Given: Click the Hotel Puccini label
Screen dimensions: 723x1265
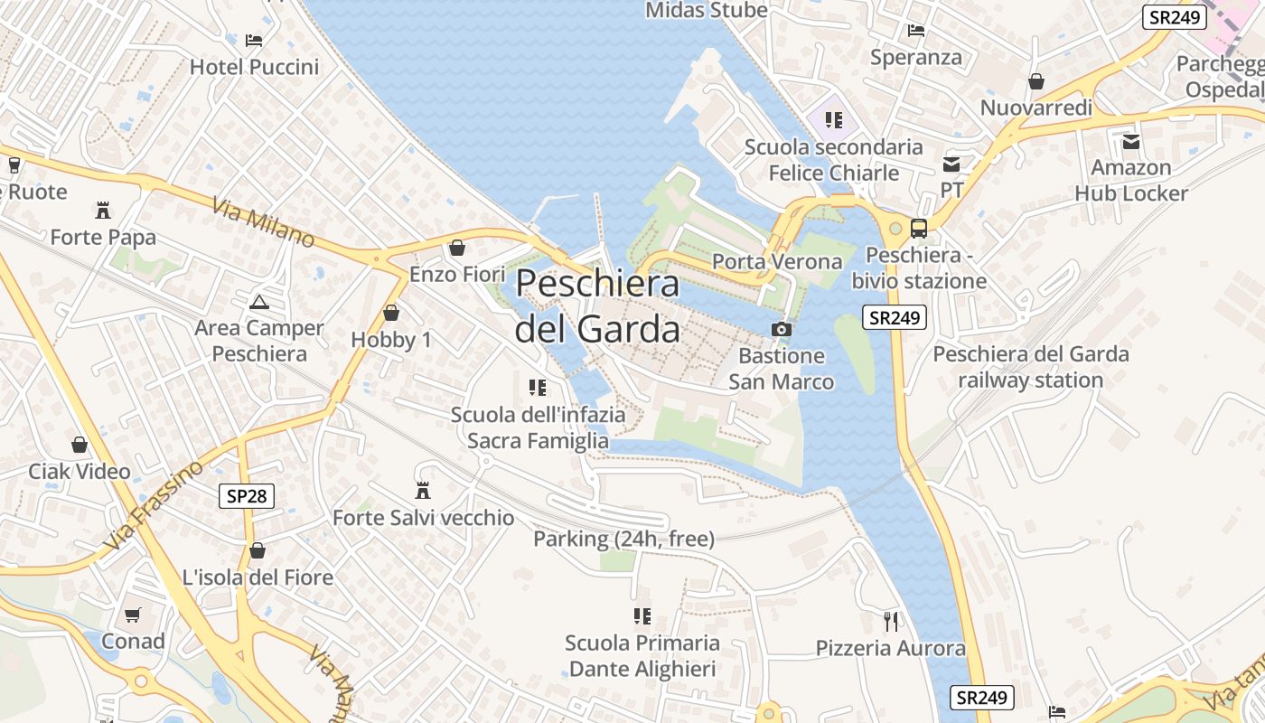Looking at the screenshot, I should (254, 67).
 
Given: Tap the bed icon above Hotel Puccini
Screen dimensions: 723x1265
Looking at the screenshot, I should (254, 41).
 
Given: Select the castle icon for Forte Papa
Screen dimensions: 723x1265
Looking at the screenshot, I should (103, 211).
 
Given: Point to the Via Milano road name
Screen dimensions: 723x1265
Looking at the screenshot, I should (264, 223).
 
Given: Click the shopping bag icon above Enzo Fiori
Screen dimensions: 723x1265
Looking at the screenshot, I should (457, 248).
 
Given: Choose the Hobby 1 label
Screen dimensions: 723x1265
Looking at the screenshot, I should (391, 340).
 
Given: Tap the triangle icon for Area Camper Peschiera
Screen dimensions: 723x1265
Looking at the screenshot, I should (259, 302).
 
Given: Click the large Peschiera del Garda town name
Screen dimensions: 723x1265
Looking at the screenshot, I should (597, 306).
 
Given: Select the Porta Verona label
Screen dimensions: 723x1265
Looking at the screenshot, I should (777, 262).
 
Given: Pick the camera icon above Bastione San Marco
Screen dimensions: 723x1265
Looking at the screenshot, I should (782, 330).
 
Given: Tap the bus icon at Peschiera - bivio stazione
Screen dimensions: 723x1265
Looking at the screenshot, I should (919, 229).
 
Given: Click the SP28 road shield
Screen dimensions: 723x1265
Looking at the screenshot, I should (247, 495).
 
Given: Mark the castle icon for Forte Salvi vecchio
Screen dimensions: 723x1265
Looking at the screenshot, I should (422, 491).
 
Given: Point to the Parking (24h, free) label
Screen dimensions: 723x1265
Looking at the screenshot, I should (623, 540).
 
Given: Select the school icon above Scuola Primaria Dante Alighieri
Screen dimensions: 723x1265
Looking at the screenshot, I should (642, 616).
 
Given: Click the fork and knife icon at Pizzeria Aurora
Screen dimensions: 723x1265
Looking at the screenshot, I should (891, 621).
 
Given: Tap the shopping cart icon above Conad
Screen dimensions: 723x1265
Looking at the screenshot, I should (133, 615).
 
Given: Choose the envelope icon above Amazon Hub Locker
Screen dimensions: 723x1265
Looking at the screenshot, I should (1131, 142).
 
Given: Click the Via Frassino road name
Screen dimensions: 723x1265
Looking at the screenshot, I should (154, 506).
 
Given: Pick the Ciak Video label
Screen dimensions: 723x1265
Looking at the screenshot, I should (80, 471).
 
